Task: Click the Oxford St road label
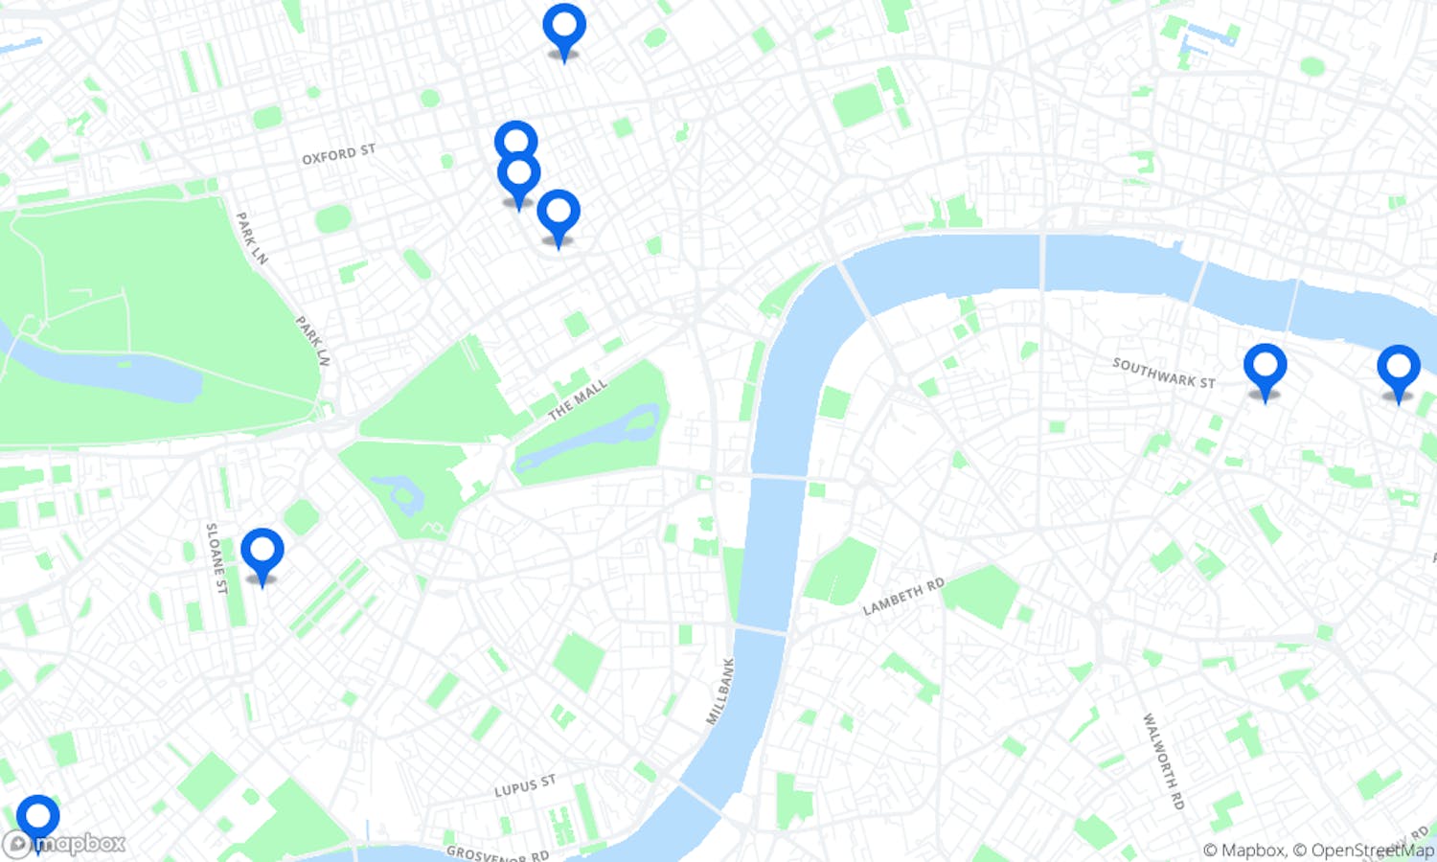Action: [338, 153]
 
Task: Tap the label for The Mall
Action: [578, 399]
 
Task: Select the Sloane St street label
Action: [217, 557]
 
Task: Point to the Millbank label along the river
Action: [720, 691]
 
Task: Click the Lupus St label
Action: [524, 786]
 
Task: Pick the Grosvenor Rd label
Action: [497, 852]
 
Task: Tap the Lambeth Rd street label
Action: [903, 597]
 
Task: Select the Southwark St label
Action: [1163, 373]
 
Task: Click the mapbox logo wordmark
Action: [80, 844]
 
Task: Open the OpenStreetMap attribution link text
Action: [1372, 850]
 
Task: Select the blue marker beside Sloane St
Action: [262, 552]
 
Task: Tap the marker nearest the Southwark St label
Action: [1265, 368]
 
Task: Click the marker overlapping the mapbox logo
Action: [38, 819]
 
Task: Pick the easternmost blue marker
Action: [1398, 369]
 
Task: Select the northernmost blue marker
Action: [564, 27]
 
